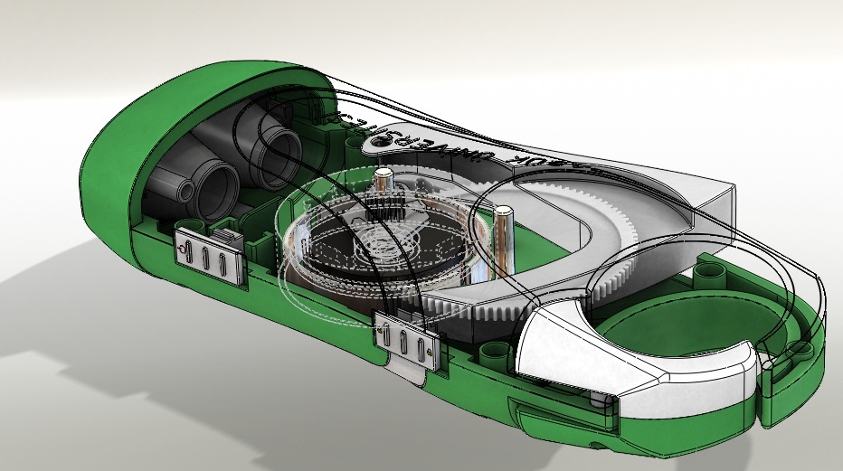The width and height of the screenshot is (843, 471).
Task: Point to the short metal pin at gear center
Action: click(x=384, y=184)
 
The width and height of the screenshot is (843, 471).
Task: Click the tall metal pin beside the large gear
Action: click(x=503, y=237)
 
